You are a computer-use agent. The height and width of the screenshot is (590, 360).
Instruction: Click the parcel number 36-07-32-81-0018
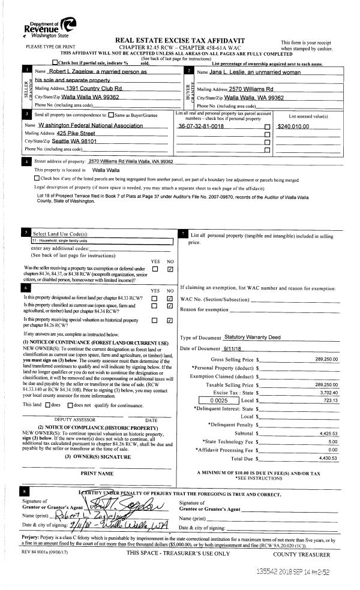coord(200,127)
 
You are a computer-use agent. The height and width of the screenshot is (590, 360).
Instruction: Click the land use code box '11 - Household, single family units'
coord(101,241)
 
